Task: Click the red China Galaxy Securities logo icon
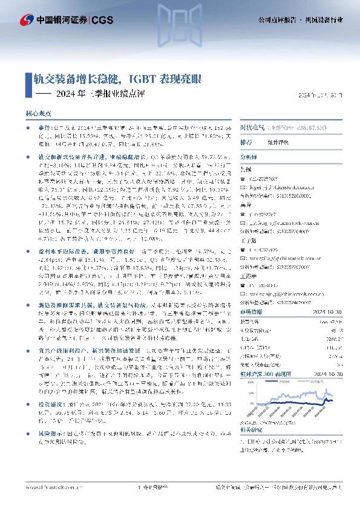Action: click(x=27, y=19)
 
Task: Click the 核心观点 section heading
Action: click(x=38, y=113)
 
